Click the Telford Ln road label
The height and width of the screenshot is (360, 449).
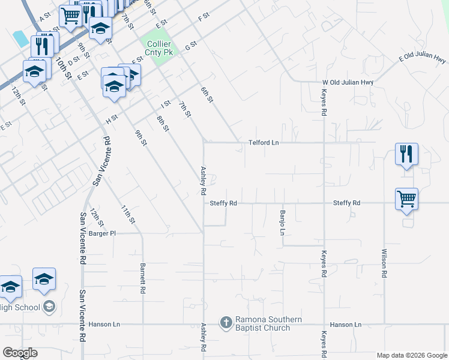264,143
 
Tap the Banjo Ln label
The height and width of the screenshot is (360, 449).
282,223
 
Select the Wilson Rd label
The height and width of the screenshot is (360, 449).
384,263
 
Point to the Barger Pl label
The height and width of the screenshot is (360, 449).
101,233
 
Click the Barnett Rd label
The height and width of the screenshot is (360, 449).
143,280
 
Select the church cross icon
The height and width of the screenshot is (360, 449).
226,323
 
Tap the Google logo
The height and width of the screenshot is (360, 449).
20,353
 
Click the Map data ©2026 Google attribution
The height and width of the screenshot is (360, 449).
411,355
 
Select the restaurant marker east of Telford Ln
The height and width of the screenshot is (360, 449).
406,154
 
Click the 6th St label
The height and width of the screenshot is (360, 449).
207,94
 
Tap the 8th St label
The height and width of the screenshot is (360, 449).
163,124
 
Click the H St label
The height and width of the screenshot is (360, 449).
112,120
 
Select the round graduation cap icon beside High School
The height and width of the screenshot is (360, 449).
49,307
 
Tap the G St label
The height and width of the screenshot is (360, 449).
191,46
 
